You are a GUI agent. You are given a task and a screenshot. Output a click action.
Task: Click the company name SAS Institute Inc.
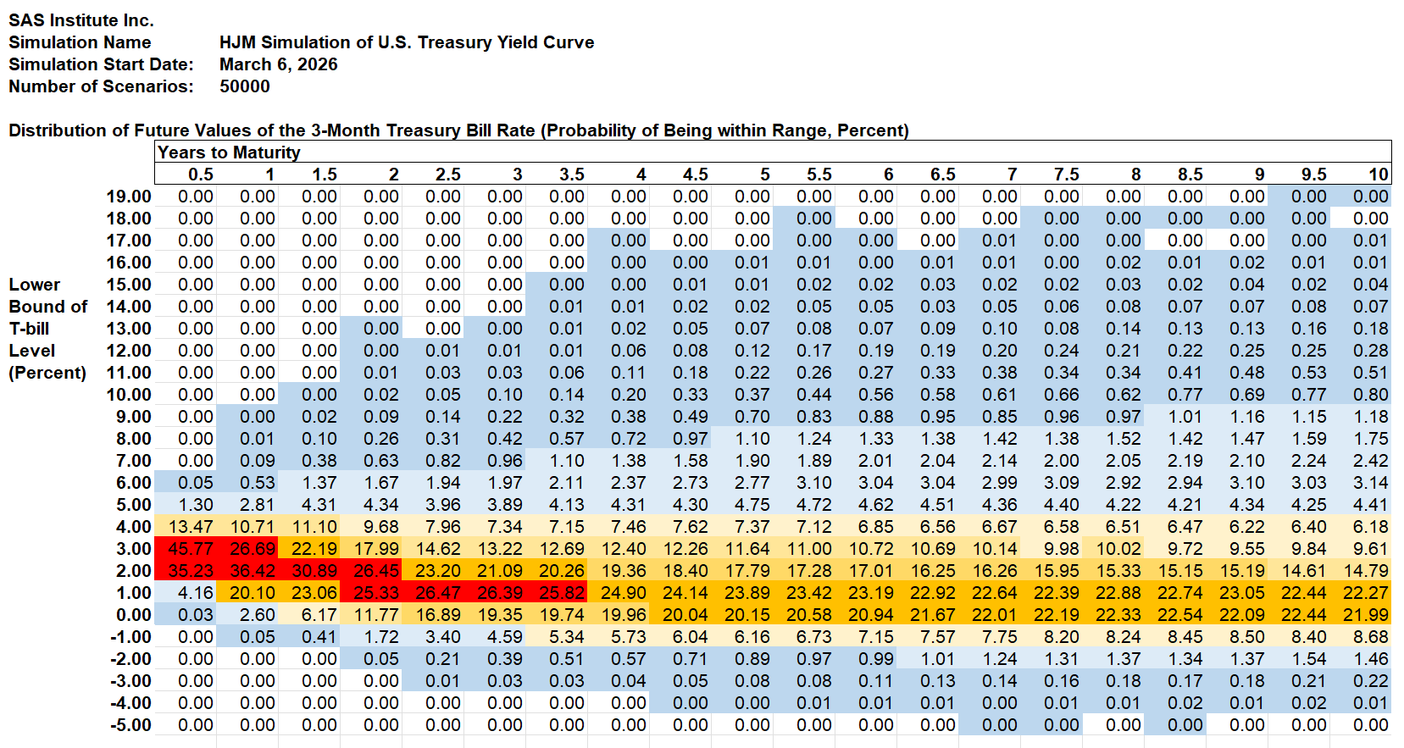[x=81, y=20]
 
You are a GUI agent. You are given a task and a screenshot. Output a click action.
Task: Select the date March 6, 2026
[x=278, y=64]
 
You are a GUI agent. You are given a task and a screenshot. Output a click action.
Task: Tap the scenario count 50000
[x=244, y=86]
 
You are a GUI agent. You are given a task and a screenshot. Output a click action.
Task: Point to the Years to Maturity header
[x=229, y=152]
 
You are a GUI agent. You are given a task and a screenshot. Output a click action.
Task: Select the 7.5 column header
[x=1066, y=175]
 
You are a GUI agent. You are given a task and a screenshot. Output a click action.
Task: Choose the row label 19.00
[x=129, y=197]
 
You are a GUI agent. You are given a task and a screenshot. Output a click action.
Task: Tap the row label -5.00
[x=130, y=725]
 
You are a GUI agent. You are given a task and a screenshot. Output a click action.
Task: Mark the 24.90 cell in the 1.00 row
[x=624, y=593]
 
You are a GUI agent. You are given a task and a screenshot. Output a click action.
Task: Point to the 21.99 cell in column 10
[x=1366, y=615]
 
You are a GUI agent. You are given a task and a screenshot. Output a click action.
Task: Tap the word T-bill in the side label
[x=29, y=329]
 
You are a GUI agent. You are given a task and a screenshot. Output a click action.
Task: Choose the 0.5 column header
[x=200, y=175]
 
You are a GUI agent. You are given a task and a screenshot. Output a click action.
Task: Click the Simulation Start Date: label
[x=101, y=64]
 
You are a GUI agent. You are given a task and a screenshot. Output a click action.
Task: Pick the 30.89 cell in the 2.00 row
[x=314, y=571]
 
